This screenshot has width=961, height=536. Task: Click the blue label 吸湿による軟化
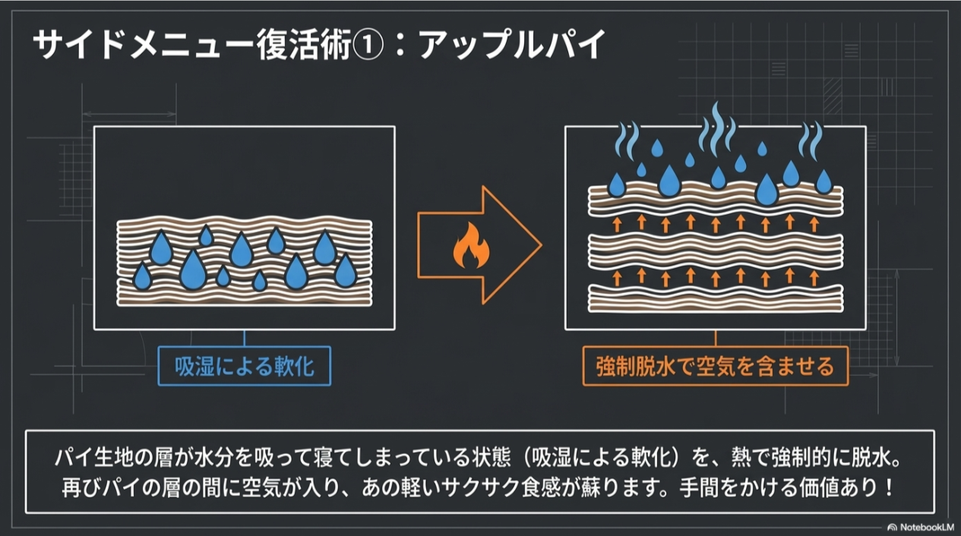coord(245,368)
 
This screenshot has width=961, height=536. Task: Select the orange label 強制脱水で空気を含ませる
coord(715,367)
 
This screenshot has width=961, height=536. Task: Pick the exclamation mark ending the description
coord(890,486)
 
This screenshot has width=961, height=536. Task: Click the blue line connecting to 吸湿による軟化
coord(244,339)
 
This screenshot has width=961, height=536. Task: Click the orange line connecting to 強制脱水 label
coord(715,339)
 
